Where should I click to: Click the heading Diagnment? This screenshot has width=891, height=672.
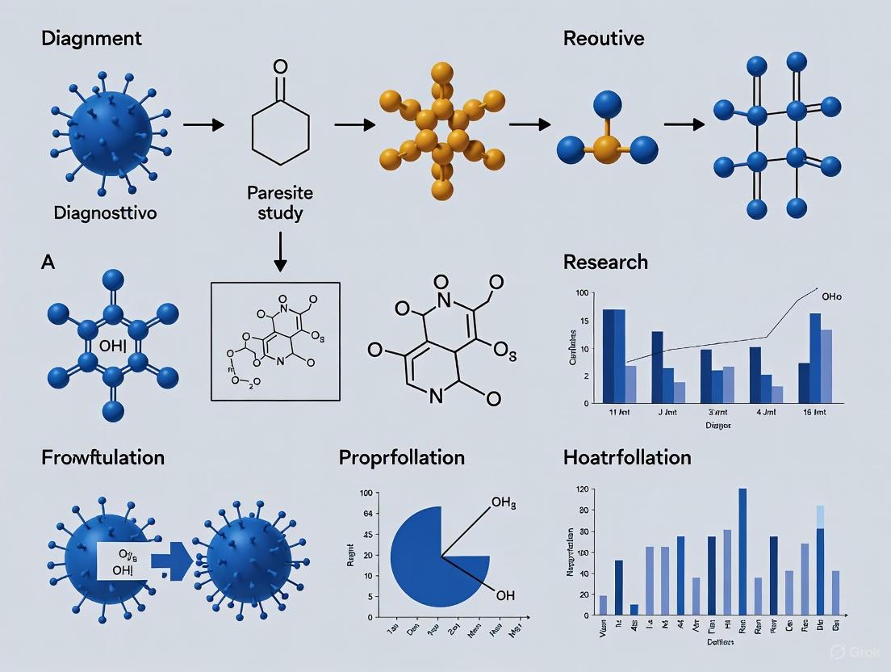91,39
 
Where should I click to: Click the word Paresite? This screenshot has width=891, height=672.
279,194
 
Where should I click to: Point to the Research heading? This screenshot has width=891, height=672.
605,262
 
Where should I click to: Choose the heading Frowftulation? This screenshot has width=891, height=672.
102,457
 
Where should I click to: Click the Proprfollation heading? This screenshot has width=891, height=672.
402,457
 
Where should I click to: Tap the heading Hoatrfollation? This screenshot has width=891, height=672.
627,457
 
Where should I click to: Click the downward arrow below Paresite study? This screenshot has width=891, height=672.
280,252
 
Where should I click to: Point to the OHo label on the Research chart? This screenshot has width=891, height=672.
830,297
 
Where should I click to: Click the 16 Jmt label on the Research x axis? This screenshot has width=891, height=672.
817,413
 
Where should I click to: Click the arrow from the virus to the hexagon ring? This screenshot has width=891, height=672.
203,125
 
